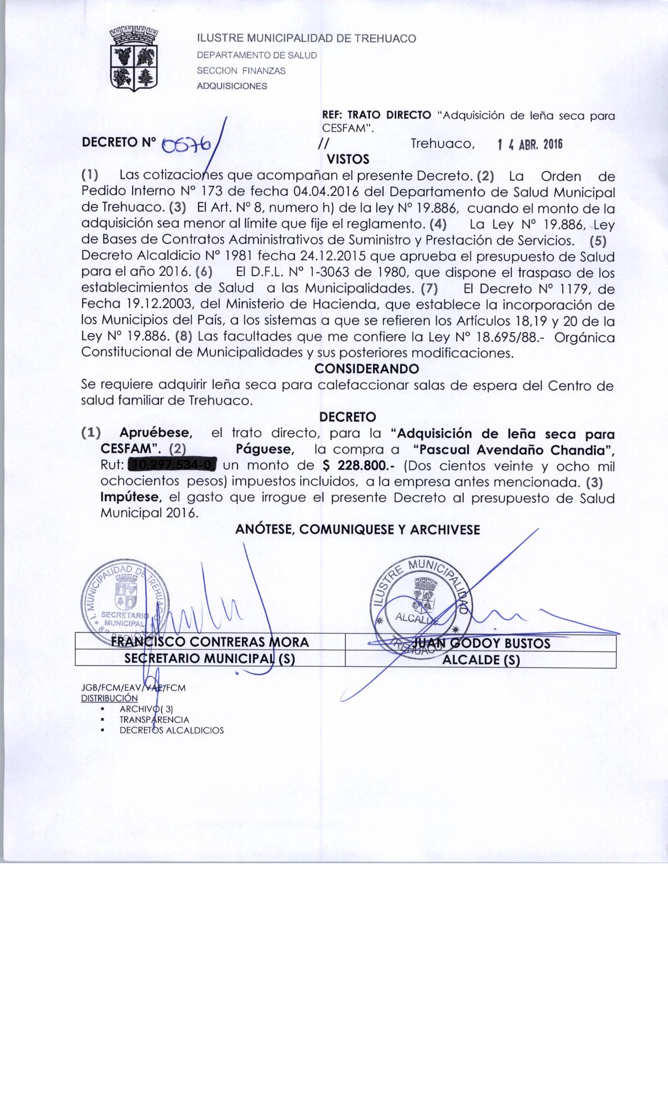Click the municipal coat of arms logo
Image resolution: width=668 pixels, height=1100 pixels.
[x=134, y=58]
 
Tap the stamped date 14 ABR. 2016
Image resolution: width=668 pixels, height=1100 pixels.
[x=529, y=145]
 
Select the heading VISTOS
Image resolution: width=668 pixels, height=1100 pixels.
[x=348, y=159]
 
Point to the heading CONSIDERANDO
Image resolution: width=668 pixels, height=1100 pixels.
[x=367, y=369]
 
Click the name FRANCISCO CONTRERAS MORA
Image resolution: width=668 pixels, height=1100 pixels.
[x=210, y=642]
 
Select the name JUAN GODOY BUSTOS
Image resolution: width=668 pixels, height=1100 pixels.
[x=481, y=643]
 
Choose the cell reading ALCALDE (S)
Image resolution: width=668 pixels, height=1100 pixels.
[x=480, y=659]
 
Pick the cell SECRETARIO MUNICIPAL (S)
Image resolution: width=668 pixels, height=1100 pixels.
[x=210, y=659]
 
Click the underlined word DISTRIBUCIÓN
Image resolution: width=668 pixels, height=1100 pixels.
[x=109, y=698]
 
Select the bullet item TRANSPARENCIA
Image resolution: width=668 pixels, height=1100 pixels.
[x=154, y=720]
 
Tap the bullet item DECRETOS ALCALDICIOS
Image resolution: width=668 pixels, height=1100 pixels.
[x=171, y=730]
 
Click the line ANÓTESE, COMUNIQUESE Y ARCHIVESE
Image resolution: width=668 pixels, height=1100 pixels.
[x=357, y=530]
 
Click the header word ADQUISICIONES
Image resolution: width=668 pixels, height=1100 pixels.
[x=232, y=86]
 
